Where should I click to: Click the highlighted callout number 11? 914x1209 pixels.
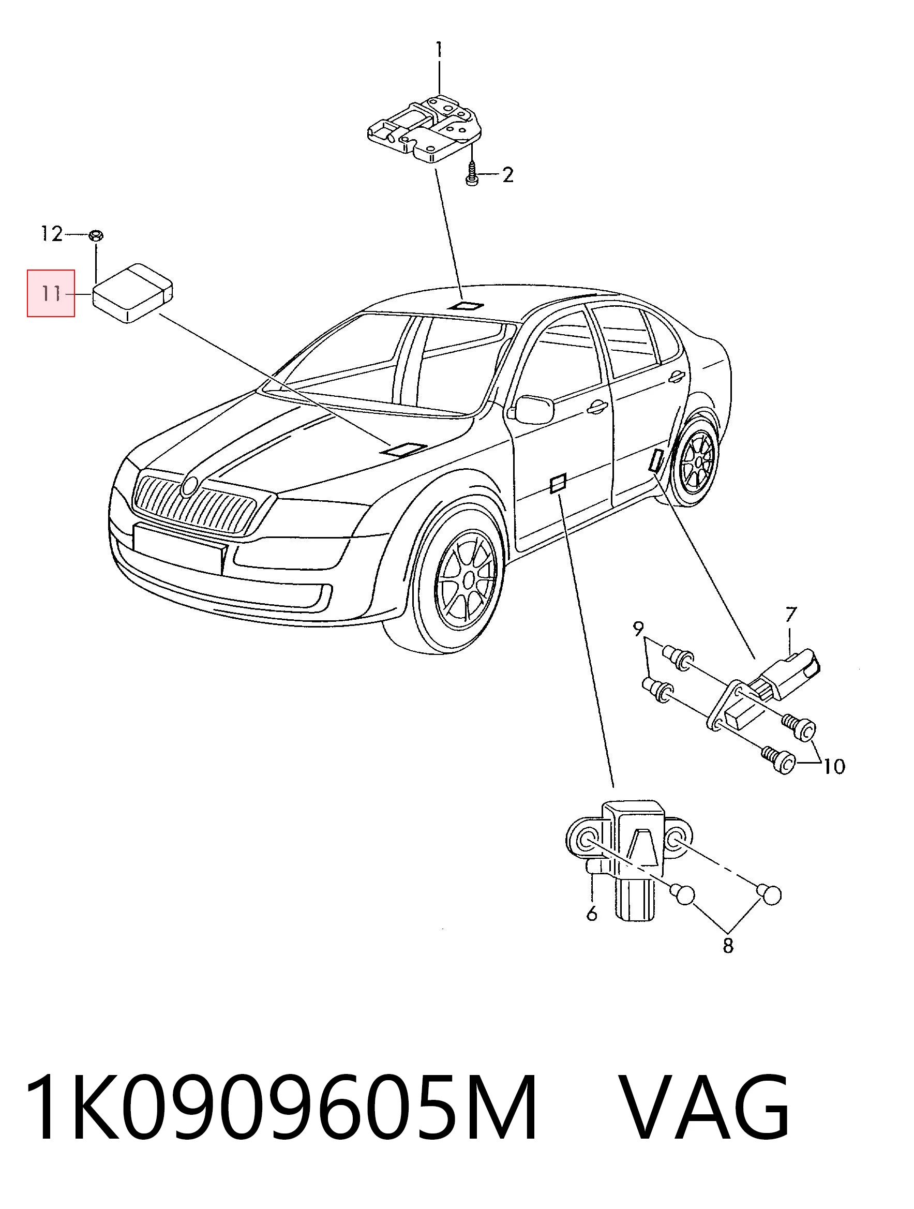[x=51, y=293]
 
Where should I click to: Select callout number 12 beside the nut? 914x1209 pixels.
[x=52, y=234]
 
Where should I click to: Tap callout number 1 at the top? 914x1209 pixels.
[x=439, y=50]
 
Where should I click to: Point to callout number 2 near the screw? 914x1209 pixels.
[x=508, y=175]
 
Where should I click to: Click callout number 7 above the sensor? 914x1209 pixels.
[x=791, y=615]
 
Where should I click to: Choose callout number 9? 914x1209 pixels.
[x=638, y=629]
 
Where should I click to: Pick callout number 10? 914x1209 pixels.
[x=834, y=766]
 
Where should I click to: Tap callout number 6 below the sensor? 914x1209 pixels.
[x=591, y=913]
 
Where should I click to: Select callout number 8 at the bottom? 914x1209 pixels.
[x=728, y=945]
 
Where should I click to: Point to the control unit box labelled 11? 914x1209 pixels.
[x=132, y=293]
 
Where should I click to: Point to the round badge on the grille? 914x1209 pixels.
[x=189, y=486]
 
